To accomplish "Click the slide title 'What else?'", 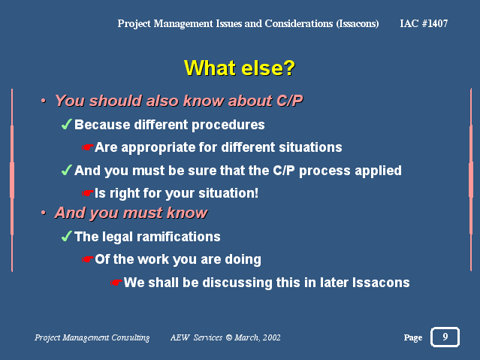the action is [240, 68].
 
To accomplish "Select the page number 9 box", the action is [445, 337].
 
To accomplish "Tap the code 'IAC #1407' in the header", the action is [424, 23].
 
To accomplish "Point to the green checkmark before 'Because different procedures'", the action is [66, 124].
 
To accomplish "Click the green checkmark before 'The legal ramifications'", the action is [66, 236].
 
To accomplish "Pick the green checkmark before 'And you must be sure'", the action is [66, 170].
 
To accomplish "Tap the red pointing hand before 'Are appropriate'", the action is [88, 147].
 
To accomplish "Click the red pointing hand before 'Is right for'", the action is [88, 193].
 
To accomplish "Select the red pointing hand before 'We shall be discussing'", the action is [116, 283].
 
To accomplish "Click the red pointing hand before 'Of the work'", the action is [88, 259].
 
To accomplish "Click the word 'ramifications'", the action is [178, 237].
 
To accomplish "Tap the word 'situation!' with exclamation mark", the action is [228, 193].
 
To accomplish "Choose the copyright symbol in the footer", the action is [228, 337].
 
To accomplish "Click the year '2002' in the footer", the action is [271, 337].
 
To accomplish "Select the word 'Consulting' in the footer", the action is [131, 337].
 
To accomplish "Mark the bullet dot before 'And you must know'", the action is [44, 213].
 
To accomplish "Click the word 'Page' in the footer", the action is [413, 337].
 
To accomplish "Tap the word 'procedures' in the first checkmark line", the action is [228, 125].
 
